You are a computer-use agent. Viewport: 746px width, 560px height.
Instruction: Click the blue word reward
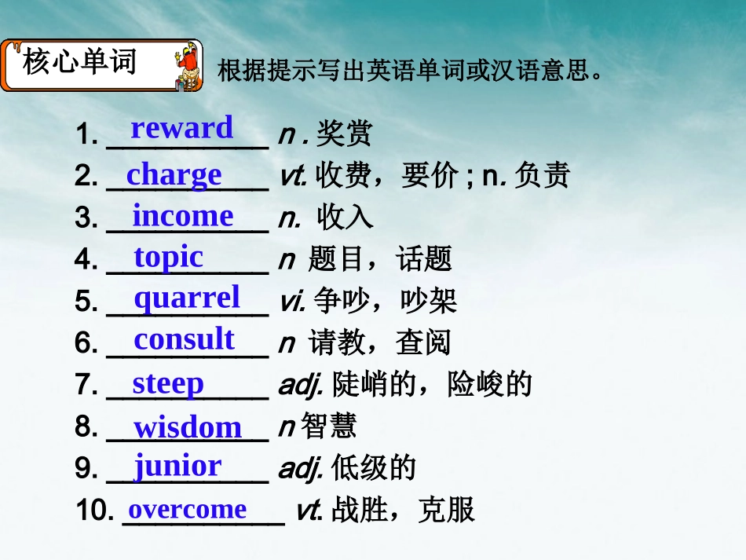[182, 128]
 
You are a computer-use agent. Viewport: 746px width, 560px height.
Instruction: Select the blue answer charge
[174, 174]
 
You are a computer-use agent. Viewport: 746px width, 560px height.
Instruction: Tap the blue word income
[183, 216]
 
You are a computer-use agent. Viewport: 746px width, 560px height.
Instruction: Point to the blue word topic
[168, 257]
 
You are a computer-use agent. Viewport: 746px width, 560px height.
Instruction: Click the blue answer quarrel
[187, 298]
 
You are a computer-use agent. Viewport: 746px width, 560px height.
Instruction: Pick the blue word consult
[185, 339]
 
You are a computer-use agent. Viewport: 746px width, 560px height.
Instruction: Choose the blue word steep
[168, 383]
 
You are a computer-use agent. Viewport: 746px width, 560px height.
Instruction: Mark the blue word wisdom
[188, 427]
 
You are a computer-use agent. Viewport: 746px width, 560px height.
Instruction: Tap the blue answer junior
[177, 466]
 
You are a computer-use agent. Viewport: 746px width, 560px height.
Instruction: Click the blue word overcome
[188, 509]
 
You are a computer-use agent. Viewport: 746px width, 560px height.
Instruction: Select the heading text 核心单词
[80, 62]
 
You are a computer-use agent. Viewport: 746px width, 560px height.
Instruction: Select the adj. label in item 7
[302, 385]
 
